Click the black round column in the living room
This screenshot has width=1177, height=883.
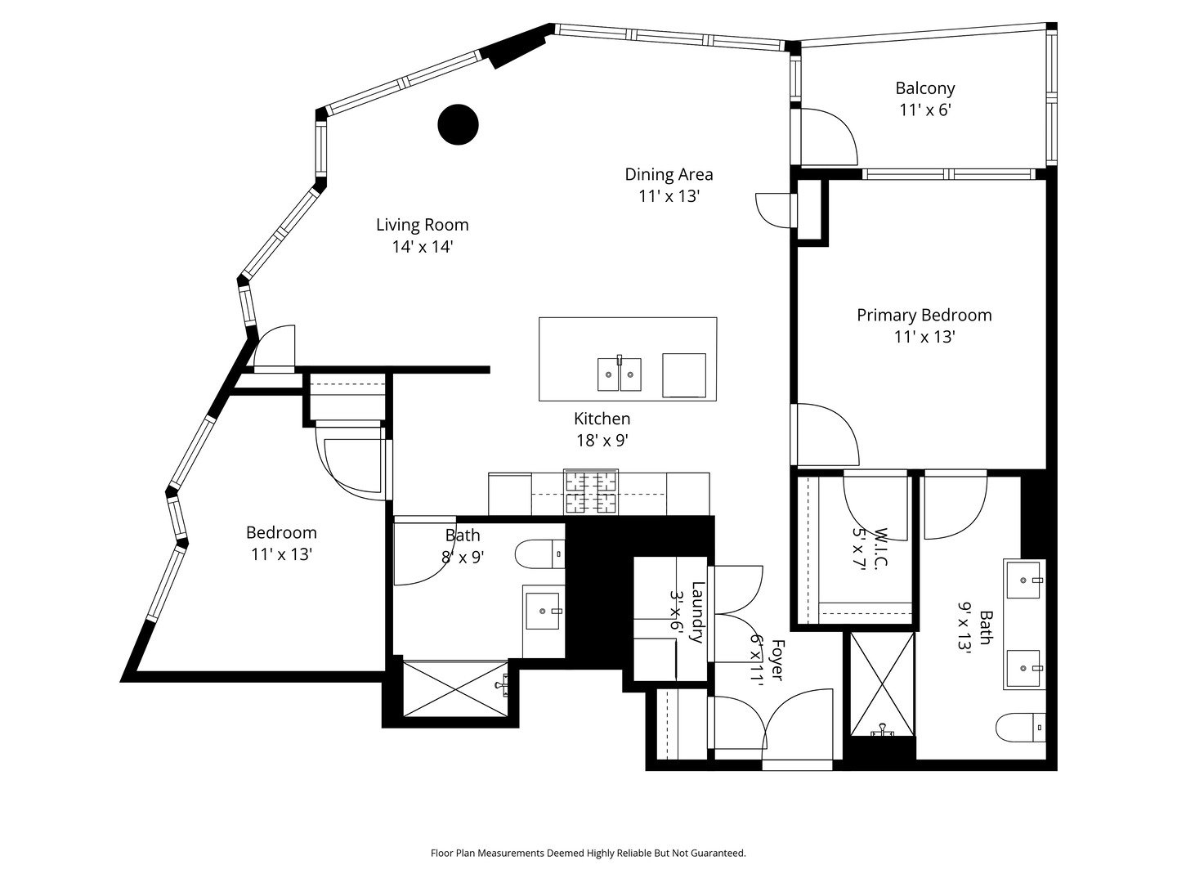click(458, 125)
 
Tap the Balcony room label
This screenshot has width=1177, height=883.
click(924, 88)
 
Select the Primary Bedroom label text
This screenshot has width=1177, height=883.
click(924, 316)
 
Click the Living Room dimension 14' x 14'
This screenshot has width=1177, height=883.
click(422, 247)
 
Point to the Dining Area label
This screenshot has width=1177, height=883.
click(669, 174)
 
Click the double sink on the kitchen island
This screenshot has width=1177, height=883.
click(619, 374)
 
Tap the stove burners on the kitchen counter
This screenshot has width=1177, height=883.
click(591, 493)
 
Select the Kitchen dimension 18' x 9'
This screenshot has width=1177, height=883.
click(602, 441)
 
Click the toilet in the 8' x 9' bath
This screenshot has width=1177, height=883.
click(541, 554)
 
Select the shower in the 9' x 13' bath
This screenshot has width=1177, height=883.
click(882, 684)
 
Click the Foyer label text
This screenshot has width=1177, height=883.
click(776, 661)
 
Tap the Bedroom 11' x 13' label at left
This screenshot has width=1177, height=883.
click(281, 533)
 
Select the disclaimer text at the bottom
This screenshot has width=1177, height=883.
click(588, 853)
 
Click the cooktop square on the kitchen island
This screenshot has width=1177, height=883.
click(683, 375)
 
